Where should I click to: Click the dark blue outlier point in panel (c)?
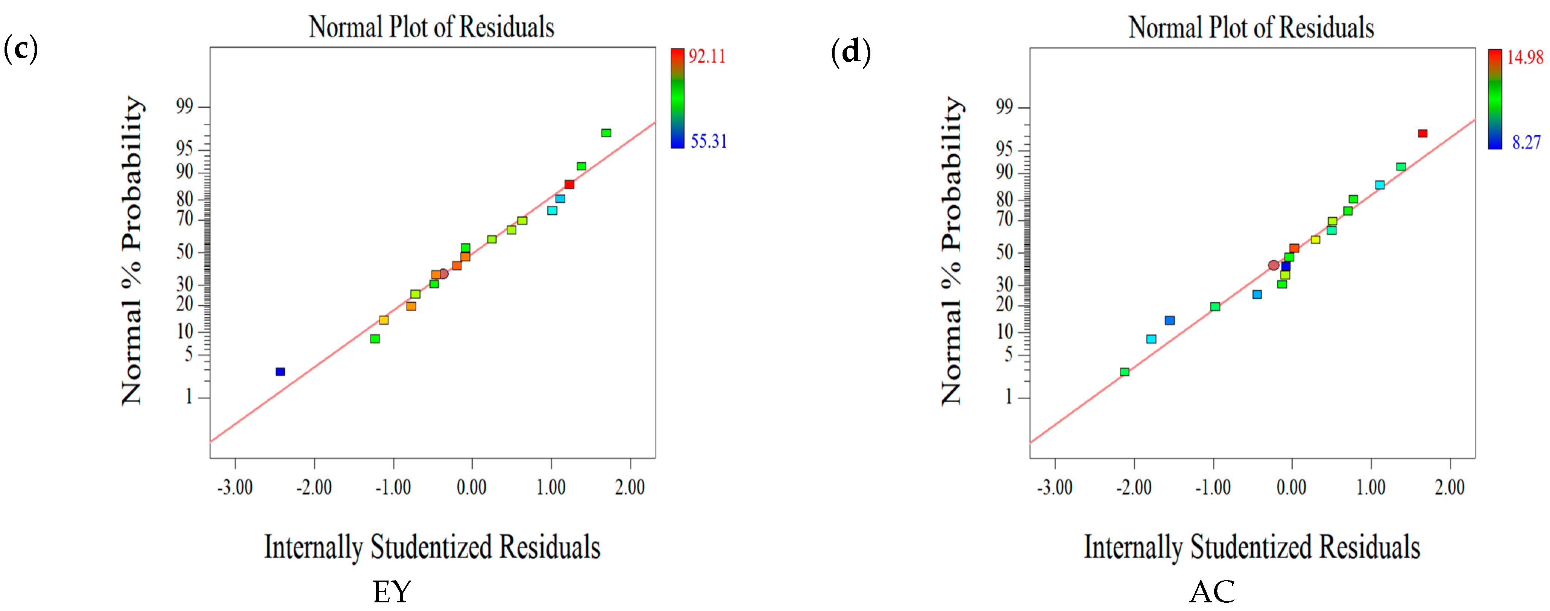click(280, 371)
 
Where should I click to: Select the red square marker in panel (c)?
click(569, 184)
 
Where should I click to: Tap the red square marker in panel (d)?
click(1422, 133)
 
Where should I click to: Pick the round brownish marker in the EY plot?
click(443, 274)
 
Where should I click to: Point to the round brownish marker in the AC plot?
click(1273, 265)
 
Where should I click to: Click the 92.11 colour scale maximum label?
click(707, 56)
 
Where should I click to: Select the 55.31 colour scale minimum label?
click(708, 141)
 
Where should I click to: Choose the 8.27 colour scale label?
click(1526, 143)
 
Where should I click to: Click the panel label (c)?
click(20, 49)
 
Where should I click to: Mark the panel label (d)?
click(850, 52)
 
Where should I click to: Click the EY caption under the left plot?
click(392, 592)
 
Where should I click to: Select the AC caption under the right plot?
click(1212, 592)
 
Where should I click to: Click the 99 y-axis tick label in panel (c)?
click(185, 107)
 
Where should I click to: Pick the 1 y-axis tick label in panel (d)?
click(1009, 397)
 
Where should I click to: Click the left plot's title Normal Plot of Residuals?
click(431, 27)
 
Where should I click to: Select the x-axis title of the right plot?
click(1252, 547)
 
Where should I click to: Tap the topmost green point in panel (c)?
click(606, 133)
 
